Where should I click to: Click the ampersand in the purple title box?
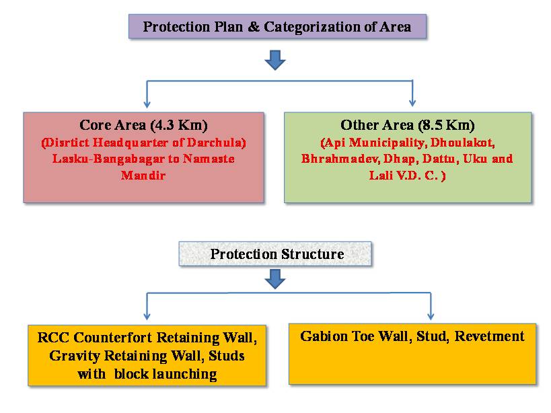[254, 27]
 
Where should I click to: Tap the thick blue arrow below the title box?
[275, 60]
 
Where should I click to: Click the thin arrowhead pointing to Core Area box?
[147, 104]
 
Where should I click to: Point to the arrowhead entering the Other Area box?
[412, 103]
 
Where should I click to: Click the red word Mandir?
[143, 175]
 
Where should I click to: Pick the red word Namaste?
[209, 159]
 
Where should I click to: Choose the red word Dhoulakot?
[462, 143]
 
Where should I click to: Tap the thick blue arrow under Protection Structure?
[275, 279]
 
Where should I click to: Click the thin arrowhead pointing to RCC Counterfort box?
[147, 316]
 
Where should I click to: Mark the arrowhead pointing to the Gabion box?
[431, 316]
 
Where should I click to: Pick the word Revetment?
[490, 336]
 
